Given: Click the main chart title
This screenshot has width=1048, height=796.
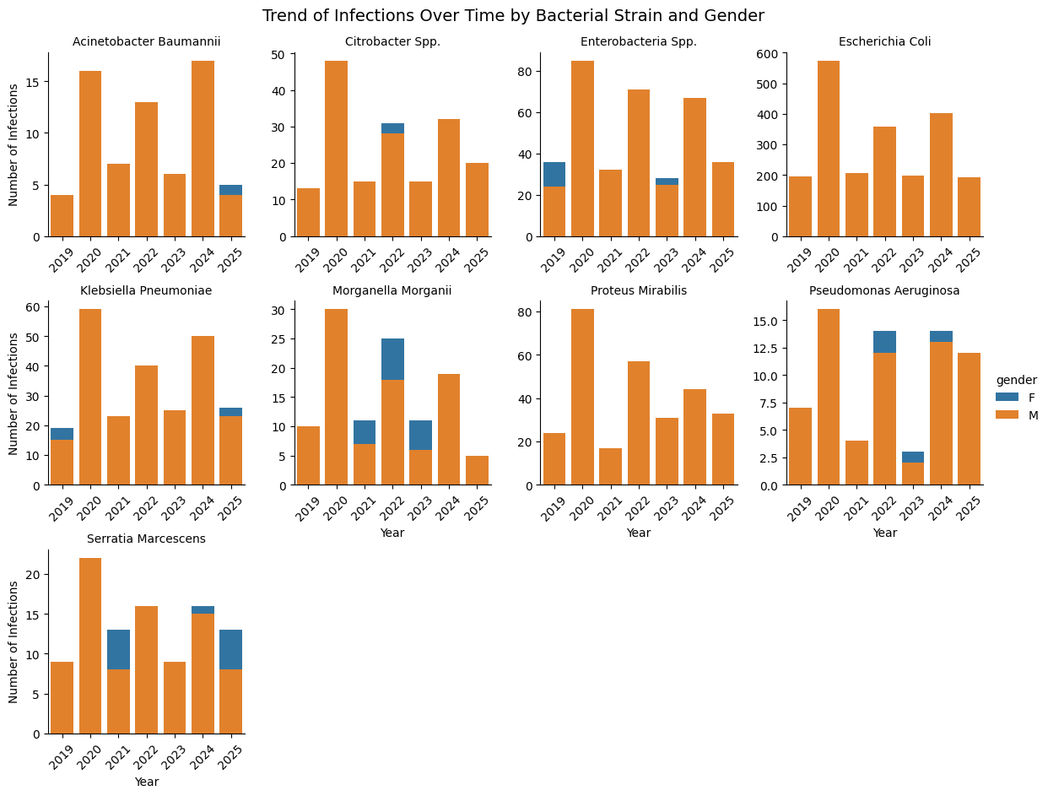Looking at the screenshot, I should (x=513, y=16).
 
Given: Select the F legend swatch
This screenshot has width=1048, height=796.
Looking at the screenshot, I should (x=1007, y=398).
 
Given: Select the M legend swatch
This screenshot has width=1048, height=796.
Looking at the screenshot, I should (x=1007, y=415).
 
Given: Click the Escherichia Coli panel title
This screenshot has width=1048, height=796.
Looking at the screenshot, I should (x=884, y=41).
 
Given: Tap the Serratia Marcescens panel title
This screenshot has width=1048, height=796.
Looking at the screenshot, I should (x=146, y=539).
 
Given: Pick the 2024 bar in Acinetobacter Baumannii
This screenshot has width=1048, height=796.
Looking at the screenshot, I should (x=203, y=149).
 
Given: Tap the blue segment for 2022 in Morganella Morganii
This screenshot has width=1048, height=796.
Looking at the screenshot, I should (x=392, y=359).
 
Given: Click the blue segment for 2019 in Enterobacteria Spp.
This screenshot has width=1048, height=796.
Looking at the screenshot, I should (x=554, y=175).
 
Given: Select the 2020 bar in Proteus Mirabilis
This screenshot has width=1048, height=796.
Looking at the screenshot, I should (x=582, y=397).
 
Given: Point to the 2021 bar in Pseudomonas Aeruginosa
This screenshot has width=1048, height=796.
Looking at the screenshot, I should (x=856, y=463).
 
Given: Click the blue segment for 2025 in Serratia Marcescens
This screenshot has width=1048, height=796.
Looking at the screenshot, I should (x=230, y=650).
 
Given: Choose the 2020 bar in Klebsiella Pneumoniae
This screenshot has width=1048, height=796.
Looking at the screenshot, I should (x=90, y=397).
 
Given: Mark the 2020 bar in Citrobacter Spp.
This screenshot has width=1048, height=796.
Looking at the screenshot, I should (x=336, y=149).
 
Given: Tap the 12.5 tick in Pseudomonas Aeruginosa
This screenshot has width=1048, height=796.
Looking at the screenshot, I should (x=765, y=348).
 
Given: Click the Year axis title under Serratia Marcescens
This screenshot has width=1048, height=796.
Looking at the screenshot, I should (x=146, y=782).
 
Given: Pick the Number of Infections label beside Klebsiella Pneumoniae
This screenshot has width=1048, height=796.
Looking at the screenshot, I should (x=14, y=393).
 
